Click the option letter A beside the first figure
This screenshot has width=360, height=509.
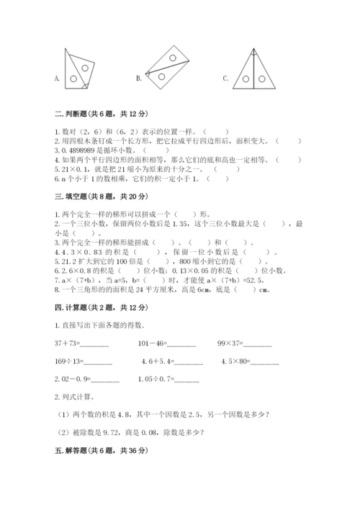point(56,78)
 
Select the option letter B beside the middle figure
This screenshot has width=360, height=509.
point(139,78)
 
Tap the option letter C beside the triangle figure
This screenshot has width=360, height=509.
point(225,78)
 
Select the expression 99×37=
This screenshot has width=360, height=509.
point(231,342)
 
